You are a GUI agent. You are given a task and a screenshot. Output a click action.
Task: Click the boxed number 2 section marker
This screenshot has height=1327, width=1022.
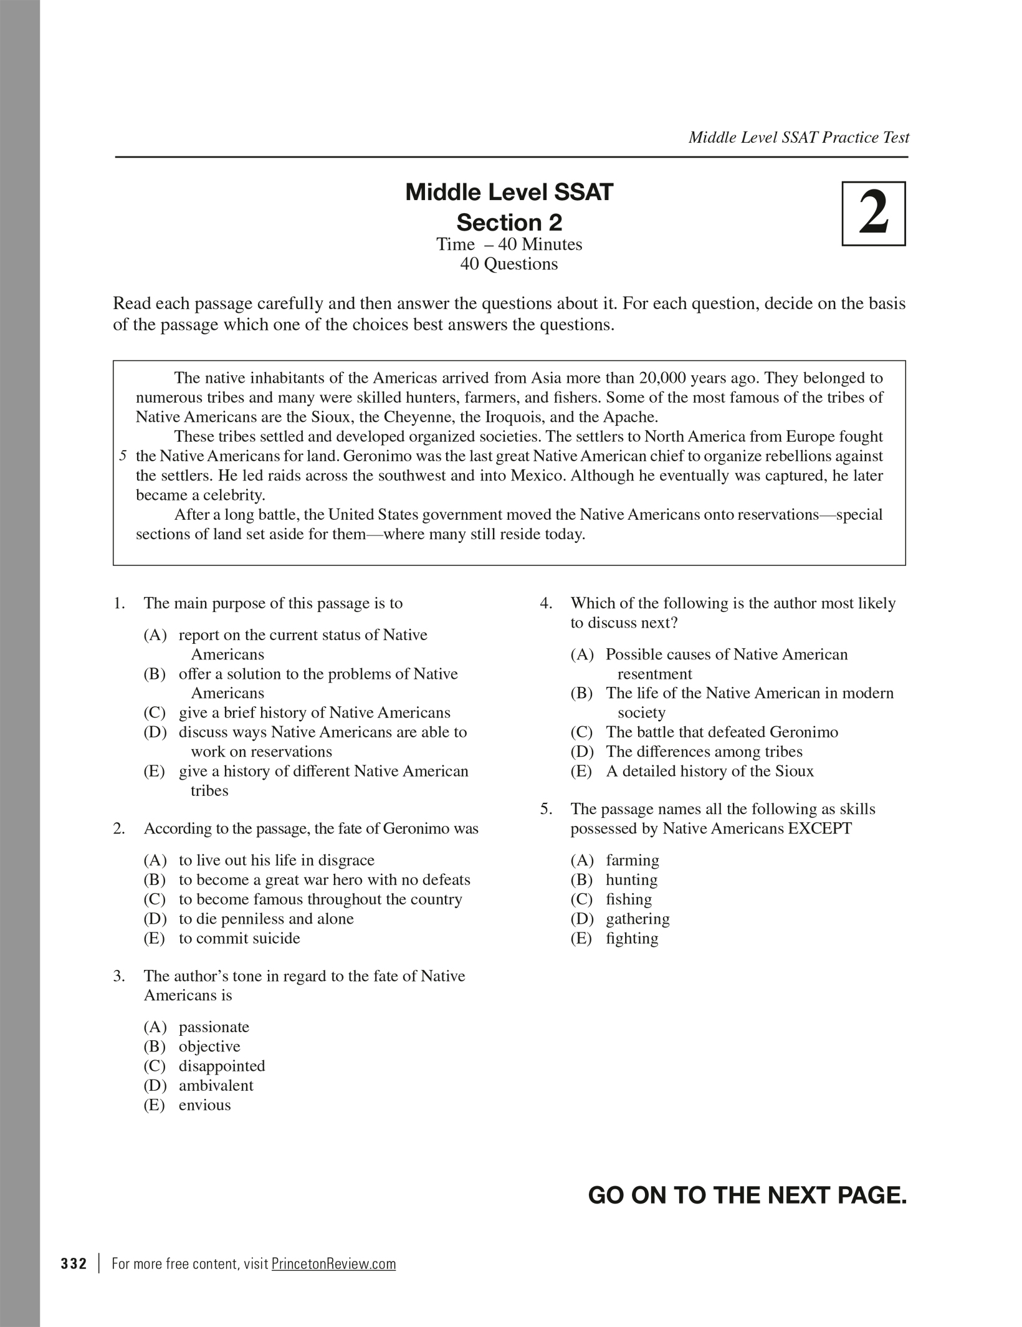pos(873,214)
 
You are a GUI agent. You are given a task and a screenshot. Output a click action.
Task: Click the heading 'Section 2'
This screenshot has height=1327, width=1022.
pos(509,223)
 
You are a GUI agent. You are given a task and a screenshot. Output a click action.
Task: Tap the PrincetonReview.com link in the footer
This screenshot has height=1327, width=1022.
pos(333,1263)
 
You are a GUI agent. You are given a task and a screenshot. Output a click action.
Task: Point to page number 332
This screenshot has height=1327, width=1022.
pos(74,1263)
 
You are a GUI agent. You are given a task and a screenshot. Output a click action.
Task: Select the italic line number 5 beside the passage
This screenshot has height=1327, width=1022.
pos(123,456)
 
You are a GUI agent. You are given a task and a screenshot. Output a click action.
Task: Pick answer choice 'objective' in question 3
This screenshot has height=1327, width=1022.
pos(209,1047)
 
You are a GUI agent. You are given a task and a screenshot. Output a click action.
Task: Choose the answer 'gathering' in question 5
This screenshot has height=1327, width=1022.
pos(638,919)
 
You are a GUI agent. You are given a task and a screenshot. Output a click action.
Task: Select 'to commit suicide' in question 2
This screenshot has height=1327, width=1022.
pos(239,938)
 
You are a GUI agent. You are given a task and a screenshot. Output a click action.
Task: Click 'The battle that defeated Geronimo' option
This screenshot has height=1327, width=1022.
pos(722,732)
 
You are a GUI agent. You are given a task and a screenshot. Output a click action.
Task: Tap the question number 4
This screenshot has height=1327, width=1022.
pos(546,603)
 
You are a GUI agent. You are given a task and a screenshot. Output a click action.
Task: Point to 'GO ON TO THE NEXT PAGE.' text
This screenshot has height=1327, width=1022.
pos(747,1195)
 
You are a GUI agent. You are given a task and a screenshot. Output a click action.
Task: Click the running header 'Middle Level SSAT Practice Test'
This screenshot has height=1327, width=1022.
pos(798,138)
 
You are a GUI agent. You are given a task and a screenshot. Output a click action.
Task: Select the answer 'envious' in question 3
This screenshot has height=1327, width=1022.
pos(204,1104)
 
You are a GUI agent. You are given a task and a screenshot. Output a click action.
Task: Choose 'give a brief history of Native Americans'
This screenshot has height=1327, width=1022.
pos(314,712)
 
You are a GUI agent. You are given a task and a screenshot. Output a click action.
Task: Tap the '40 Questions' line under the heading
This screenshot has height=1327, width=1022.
pos(509,264)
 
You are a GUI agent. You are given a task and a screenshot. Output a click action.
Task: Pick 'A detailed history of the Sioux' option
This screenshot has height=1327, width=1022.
pos(709,771)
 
